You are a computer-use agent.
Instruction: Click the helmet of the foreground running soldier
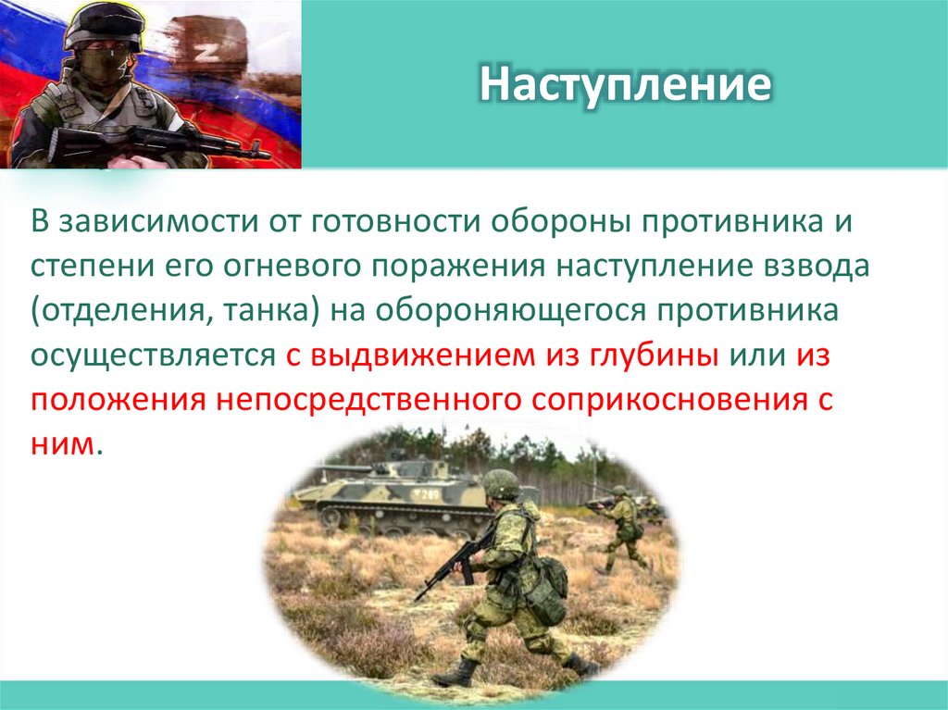click(501, 483)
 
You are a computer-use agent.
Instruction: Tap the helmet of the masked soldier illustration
click(100, 22)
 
